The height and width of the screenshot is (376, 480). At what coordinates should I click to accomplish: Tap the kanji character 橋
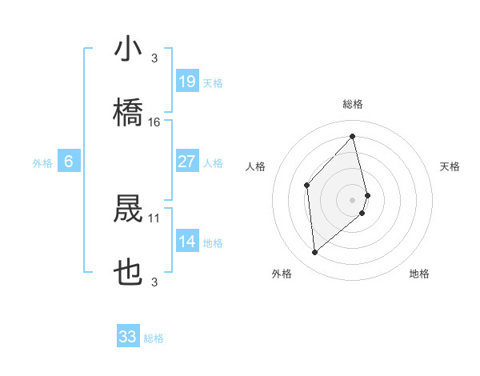click(x=128, y=113)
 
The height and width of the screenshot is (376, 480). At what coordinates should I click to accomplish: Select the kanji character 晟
click(x=128, y=210)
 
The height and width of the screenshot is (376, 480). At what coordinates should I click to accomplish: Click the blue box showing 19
click(x=187, y=81)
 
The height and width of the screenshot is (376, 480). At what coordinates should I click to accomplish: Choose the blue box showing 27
click(x=187, y=162)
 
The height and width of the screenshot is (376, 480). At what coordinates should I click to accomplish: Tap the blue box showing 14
click(x=187, y=242)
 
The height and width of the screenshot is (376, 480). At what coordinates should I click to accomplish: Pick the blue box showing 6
click(x=69, y=162)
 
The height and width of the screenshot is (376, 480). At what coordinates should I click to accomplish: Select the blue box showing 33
click(x=128, y=337)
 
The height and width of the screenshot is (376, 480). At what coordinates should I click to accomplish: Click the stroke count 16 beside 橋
click(x=154, y=122)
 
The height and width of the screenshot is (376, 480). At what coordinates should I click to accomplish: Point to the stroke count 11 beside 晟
click(x=154, y=218)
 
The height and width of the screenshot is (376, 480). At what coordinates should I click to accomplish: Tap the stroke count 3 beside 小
click(x=154, y=58)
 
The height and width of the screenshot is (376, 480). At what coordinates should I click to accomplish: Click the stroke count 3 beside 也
click(x=154, y=282)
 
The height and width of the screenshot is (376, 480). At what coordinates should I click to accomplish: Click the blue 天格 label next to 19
click(x=213, y=83)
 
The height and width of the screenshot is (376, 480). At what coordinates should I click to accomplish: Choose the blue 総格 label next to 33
click(x=154, y=339)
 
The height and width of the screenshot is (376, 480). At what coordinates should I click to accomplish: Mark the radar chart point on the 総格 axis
click(x=352, y=136)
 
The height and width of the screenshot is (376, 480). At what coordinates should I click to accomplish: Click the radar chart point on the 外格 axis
click(x=315, y=252)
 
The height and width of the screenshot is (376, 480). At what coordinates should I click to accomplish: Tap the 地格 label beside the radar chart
click(x=419, y=274)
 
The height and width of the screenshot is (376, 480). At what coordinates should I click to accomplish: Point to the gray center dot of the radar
click(x=352, y=198)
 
